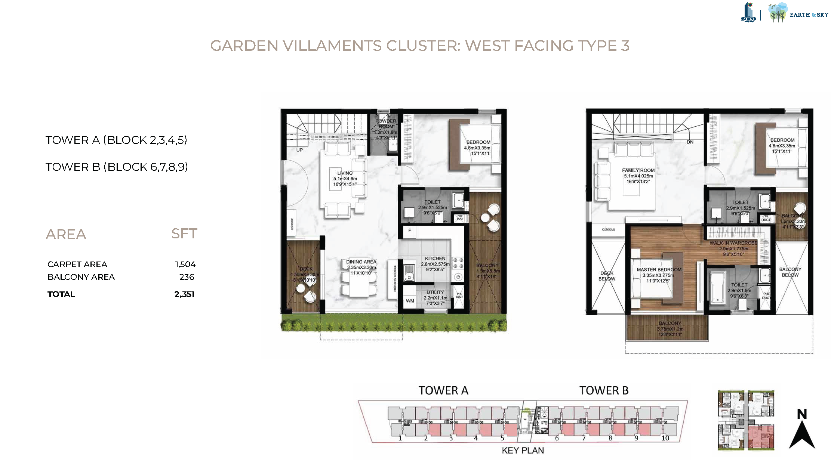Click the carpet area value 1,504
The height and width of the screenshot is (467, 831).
pyautogui.click(x=185, y=265)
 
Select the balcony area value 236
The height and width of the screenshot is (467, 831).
pyautogui.click(x=187, y=277)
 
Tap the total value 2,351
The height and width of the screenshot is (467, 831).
pyautogui.click(x=184, y=294)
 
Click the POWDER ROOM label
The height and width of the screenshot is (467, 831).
pyautogui.click(x=386, y=124)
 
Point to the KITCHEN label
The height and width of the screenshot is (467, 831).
pyautogui.click(x=435, y=259)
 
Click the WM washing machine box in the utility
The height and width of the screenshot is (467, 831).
pyautogui.click(x=410, y=301)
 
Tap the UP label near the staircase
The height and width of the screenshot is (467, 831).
pyautogui.click(x=299, y=150)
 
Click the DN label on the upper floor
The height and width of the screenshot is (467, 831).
pyautogui.click(x=690, y=142)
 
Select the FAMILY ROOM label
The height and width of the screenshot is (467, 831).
pyautogui.click(x=638, y=170)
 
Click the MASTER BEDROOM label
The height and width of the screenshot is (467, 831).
pyautogui.click(x=659, y=270)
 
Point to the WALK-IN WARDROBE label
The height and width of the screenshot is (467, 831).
pyautogui.click(x=733, y=243)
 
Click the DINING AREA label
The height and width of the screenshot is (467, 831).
pyautogui.click(x=361, y=262)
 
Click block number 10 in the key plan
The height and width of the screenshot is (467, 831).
pyautogui.click(x=665, y=438)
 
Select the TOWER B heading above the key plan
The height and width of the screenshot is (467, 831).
pyautogui.click(x=604, y=391)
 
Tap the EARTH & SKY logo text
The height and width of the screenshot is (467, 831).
pyautogui.click(x=809, y=15)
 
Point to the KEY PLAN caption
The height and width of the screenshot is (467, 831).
pyautogui.click(x=522, y=451)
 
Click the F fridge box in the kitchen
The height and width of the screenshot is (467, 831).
pyautogui.click(x=410, y=231)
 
